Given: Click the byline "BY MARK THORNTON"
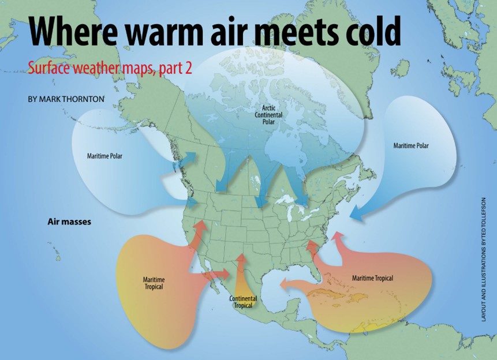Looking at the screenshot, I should (66, 99).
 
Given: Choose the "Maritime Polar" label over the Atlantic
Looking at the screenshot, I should (411, 145).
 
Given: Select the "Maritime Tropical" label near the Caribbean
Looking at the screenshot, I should (372, 279).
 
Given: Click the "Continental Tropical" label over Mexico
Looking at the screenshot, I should (243, 302).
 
